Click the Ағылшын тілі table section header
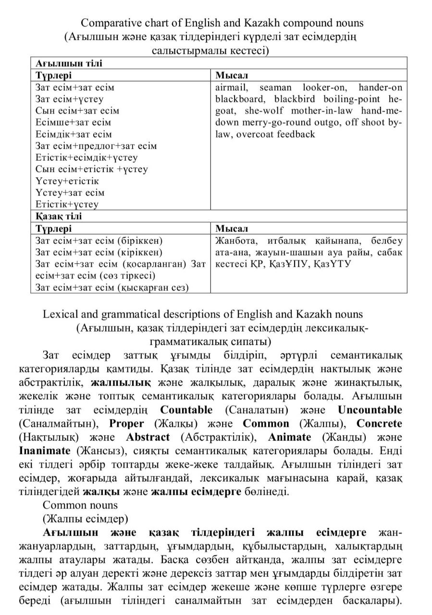click(x=69, y=63)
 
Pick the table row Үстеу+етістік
click(x=67, y=181)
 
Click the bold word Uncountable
click(x=370, y=410)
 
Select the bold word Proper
click(x=126, y=423)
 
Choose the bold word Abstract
click(x=148, y=437)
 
